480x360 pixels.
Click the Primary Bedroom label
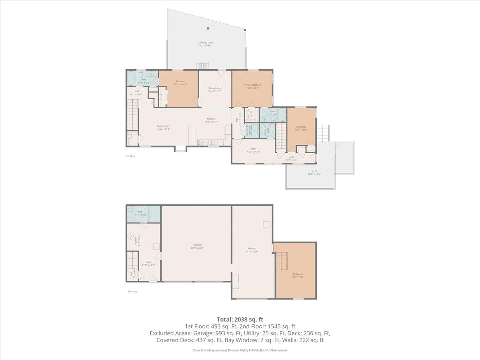point(252,85)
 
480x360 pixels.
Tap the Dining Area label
point(215,88)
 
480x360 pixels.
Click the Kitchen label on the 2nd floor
point(210,119)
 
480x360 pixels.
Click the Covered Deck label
point(206,43)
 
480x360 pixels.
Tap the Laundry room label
point(248,131)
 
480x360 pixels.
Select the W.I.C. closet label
point(248,114)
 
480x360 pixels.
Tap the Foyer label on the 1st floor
point(148,262)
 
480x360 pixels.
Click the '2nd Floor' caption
point(130,156)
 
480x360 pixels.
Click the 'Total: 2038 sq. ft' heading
point(240,319)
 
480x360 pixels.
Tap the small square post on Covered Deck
point(208,28)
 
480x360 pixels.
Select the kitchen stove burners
point(200,142)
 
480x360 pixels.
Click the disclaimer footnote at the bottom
point(240,350)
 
